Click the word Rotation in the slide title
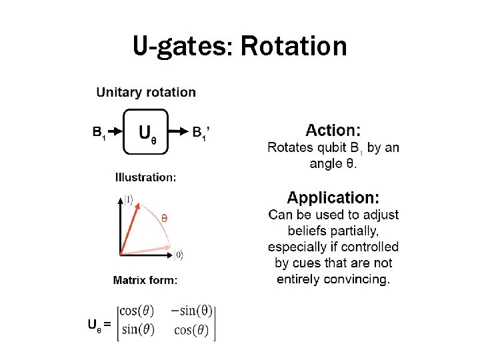pos(293,47)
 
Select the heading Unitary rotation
pos(146,93)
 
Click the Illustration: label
pos(145,177)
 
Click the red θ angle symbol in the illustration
pos(164,218)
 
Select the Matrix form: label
pos(145,281)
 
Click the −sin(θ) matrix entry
pos(191,311)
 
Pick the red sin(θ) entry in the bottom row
pos(136,329)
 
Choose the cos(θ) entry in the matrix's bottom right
pos(191,330)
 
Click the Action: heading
pos(333,131)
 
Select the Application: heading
pos(333,198)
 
